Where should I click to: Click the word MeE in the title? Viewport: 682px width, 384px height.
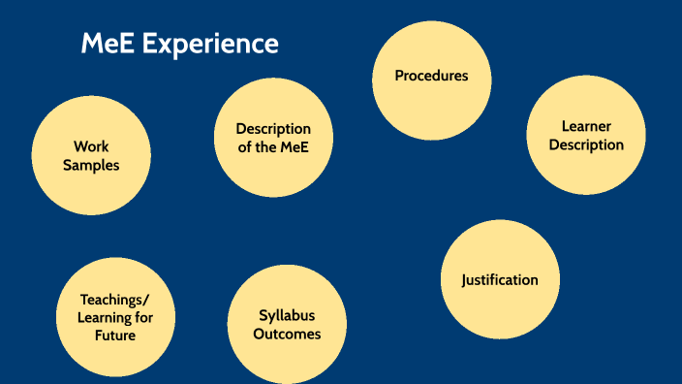point(104,44)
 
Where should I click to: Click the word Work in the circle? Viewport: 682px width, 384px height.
point(91,147)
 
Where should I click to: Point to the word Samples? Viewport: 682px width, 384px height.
point(91,165)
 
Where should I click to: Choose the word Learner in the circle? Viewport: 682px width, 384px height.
point(586,127)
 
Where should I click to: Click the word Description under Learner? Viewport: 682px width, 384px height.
point(586,144)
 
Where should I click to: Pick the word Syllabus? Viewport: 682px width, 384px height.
point(287,316)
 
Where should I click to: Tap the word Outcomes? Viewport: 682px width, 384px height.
point(287,334)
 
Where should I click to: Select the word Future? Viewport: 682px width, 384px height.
point(115,336)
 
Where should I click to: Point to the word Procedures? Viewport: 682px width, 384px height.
point(431,76)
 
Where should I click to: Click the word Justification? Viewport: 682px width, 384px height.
point(500,279)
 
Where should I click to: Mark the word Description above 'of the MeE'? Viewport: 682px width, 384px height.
point(273,129)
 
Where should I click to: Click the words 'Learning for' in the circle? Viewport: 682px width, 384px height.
point(115,317)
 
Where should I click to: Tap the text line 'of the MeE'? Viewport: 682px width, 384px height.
point(273,146)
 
